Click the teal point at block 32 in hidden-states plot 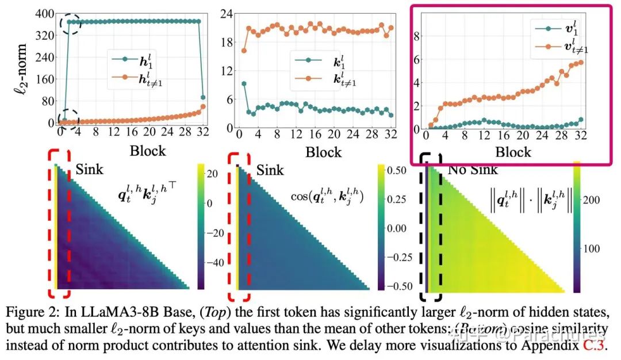(x=202, y=97)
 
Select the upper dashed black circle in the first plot (x=71, y=24)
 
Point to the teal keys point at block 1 (x=244, y=84)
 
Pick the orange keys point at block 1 (x=244, y=51)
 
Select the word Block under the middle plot (x=323, y=152)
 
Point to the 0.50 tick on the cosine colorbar (x=397, y=171)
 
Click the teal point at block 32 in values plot (x=581, y=120)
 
